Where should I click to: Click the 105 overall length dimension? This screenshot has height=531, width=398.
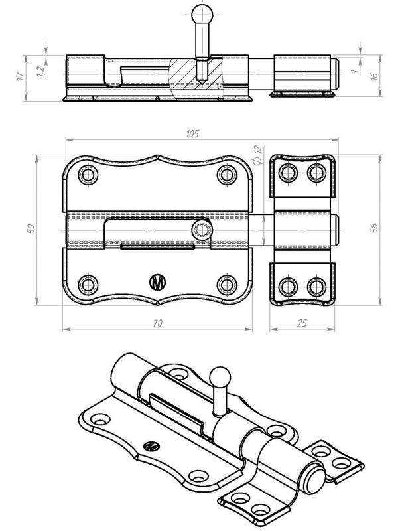point(193,133)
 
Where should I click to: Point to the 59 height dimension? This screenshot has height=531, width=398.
point(30,229)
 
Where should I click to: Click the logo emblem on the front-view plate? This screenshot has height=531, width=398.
point(158,281)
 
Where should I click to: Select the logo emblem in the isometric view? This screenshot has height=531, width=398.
point(152,447)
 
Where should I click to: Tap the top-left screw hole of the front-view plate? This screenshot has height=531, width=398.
point(88,175)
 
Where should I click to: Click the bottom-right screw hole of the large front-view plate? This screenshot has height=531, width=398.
point(227,285)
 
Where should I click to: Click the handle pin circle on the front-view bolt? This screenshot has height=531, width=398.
point(200,230)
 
